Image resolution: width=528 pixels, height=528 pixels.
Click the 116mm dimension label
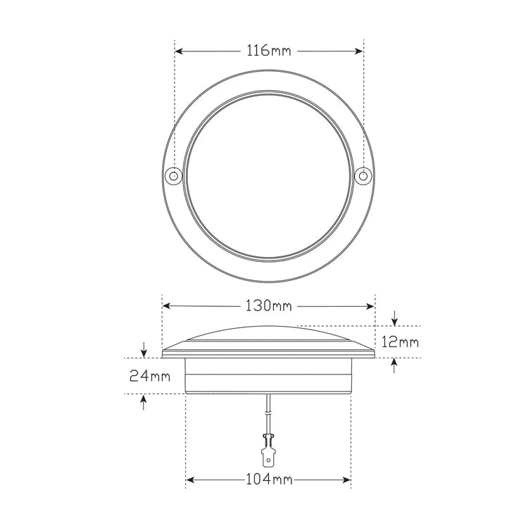(269, 51)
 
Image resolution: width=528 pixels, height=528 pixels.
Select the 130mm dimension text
(269, 306)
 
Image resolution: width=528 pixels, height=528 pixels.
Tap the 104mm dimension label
(269, 479)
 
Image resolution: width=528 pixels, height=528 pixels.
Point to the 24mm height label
(150, 376)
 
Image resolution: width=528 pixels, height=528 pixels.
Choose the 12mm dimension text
(400, 342)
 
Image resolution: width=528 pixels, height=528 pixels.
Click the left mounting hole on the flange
(174, 176)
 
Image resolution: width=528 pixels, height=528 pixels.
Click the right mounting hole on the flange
(363, 176)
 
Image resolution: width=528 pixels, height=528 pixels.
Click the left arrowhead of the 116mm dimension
(179, 51)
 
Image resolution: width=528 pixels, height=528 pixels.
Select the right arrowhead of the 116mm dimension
(359, 51)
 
